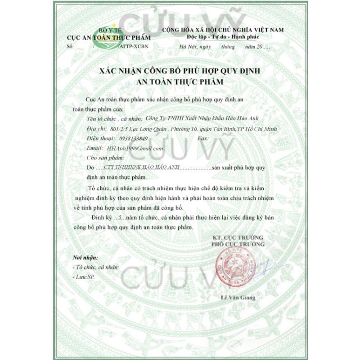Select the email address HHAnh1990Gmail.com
click(x=133, y=148)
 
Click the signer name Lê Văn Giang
click(x=238, y=298)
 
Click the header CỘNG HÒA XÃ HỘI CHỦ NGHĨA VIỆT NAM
click(x=223, y=29)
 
